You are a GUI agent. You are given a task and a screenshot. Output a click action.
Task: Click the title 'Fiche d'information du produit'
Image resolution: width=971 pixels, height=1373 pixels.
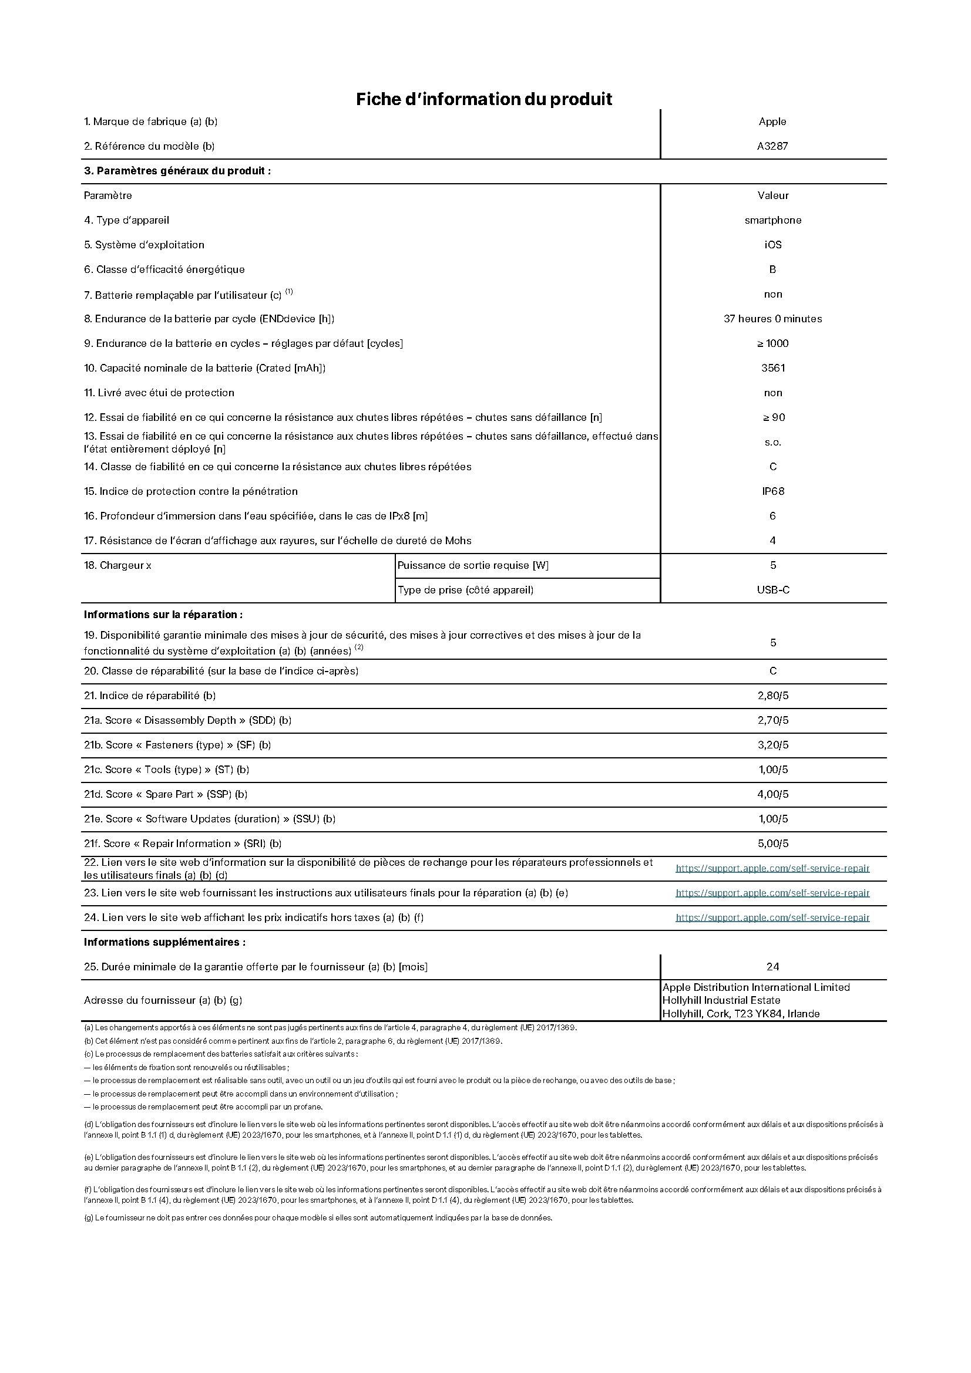483,99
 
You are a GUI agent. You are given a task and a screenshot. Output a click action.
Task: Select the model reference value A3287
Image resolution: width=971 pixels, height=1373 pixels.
772,146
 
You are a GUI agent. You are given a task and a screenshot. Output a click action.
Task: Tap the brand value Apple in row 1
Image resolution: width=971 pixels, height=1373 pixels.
772,122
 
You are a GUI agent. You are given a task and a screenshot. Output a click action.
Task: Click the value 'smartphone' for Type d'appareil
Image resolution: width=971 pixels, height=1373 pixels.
772,220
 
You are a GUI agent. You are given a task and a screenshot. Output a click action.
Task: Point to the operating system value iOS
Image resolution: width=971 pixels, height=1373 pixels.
772,245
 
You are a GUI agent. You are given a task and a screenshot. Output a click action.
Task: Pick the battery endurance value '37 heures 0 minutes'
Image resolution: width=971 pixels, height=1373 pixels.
772,319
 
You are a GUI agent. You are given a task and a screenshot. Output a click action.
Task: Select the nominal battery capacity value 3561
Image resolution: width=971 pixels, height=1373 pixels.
772,368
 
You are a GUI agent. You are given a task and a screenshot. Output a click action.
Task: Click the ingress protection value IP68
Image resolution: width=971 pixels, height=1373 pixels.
772,491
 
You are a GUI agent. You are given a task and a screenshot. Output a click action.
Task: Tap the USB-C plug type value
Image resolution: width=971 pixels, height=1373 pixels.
772,589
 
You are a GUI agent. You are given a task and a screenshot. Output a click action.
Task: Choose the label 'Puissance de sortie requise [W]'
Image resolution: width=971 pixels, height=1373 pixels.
473,565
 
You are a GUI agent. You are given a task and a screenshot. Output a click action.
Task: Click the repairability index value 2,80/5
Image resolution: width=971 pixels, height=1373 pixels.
772,696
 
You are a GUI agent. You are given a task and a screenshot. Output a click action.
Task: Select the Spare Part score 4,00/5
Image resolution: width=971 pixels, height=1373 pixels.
772,794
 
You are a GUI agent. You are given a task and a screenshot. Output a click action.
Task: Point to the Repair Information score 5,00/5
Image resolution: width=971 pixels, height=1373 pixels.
772,843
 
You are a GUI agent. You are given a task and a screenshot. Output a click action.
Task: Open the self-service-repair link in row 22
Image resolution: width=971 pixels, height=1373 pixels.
772,868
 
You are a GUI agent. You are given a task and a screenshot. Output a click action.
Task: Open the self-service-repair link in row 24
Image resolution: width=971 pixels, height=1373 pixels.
772,917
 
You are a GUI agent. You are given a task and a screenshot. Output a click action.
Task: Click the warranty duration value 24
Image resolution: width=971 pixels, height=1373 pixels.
772,966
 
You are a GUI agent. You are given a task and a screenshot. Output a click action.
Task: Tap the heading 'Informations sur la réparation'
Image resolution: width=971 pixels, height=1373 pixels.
163,614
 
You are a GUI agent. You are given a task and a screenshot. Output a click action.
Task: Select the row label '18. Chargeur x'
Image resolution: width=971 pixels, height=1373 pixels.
117,565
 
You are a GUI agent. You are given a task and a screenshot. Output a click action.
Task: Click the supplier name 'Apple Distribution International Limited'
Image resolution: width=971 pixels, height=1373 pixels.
755,987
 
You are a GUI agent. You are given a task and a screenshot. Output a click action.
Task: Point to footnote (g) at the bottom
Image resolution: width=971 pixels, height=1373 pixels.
317,1217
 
